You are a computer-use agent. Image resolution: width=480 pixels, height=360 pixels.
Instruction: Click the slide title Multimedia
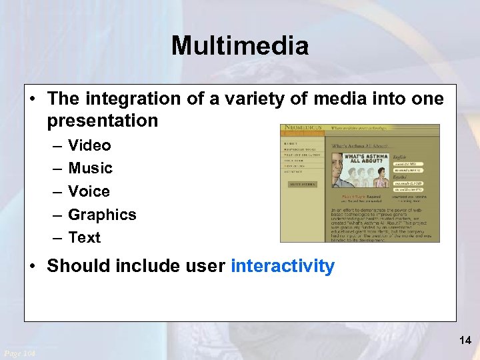[x=240, y=46]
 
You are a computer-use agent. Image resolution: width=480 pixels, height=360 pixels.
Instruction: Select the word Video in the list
[x=89, y=145]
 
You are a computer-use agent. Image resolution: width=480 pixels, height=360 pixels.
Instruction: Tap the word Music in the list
[x=90, y=168]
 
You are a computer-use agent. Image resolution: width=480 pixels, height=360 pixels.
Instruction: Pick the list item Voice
[x=89, y=191]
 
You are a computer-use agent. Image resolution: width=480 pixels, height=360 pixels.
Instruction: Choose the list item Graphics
[x=102, y=215]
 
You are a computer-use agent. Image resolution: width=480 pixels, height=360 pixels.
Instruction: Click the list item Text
[x=84, y=237]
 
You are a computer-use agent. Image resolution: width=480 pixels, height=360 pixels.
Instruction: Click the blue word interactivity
[x=282, y=266]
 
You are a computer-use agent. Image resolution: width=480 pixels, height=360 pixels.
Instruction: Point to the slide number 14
[x=465, y=341]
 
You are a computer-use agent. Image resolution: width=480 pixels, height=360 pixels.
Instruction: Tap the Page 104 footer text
[x=20, y=353]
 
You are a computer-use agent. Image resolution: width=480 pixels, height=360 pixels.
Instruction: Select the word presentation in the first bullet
[x=102, y=121]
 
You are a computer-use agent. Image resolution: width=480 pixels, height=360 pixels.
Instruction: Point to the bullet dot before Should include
[x=33, y=266]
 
